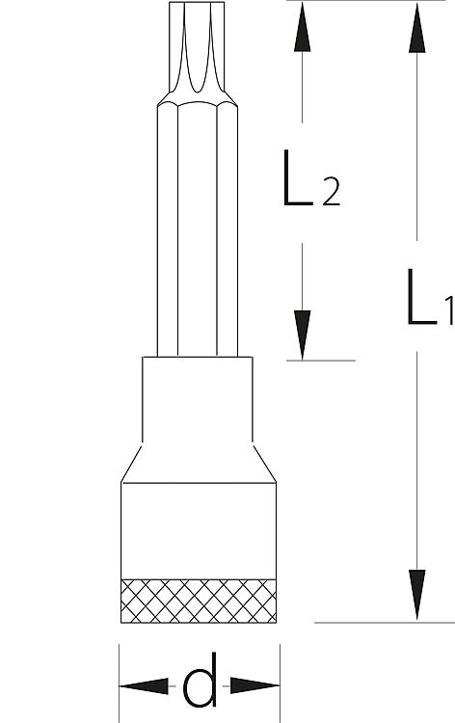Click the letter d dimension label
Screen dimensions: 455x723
click(200, 681)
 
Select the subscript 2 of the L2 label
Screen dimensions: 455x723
click(332, 192)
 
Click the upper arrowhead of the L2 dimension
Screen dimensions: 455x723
click(302, 27)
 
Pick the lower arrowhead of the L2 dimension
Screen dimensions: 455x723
click(302, 335)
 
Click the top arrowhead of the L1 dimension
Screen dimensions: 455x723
click(416, 28)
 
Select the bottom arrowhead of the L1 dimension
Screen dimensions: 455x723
click(416, 595)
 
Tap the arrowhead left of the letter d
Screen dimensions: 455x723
click(144, 686)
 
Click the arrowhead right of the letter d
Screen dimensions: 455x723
click(254, 685)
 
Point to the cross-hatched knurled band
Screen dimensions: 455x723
click(199, 601)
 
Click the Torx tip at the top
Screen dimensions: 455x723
click(197, 47)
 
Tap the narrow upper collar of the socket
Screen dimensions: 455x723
click(198, 399)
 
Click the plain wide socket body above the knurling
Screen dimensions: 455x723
click(199, 531)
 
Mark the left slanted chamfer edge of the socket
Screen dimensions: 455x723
click(131, 464)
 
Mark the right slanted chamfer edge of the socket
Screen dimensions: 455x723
click(264, 464)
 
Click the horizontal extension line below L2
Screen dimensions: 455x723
click(320, 361)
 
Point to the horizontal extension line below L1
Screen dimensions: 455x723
click(385, 623)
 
